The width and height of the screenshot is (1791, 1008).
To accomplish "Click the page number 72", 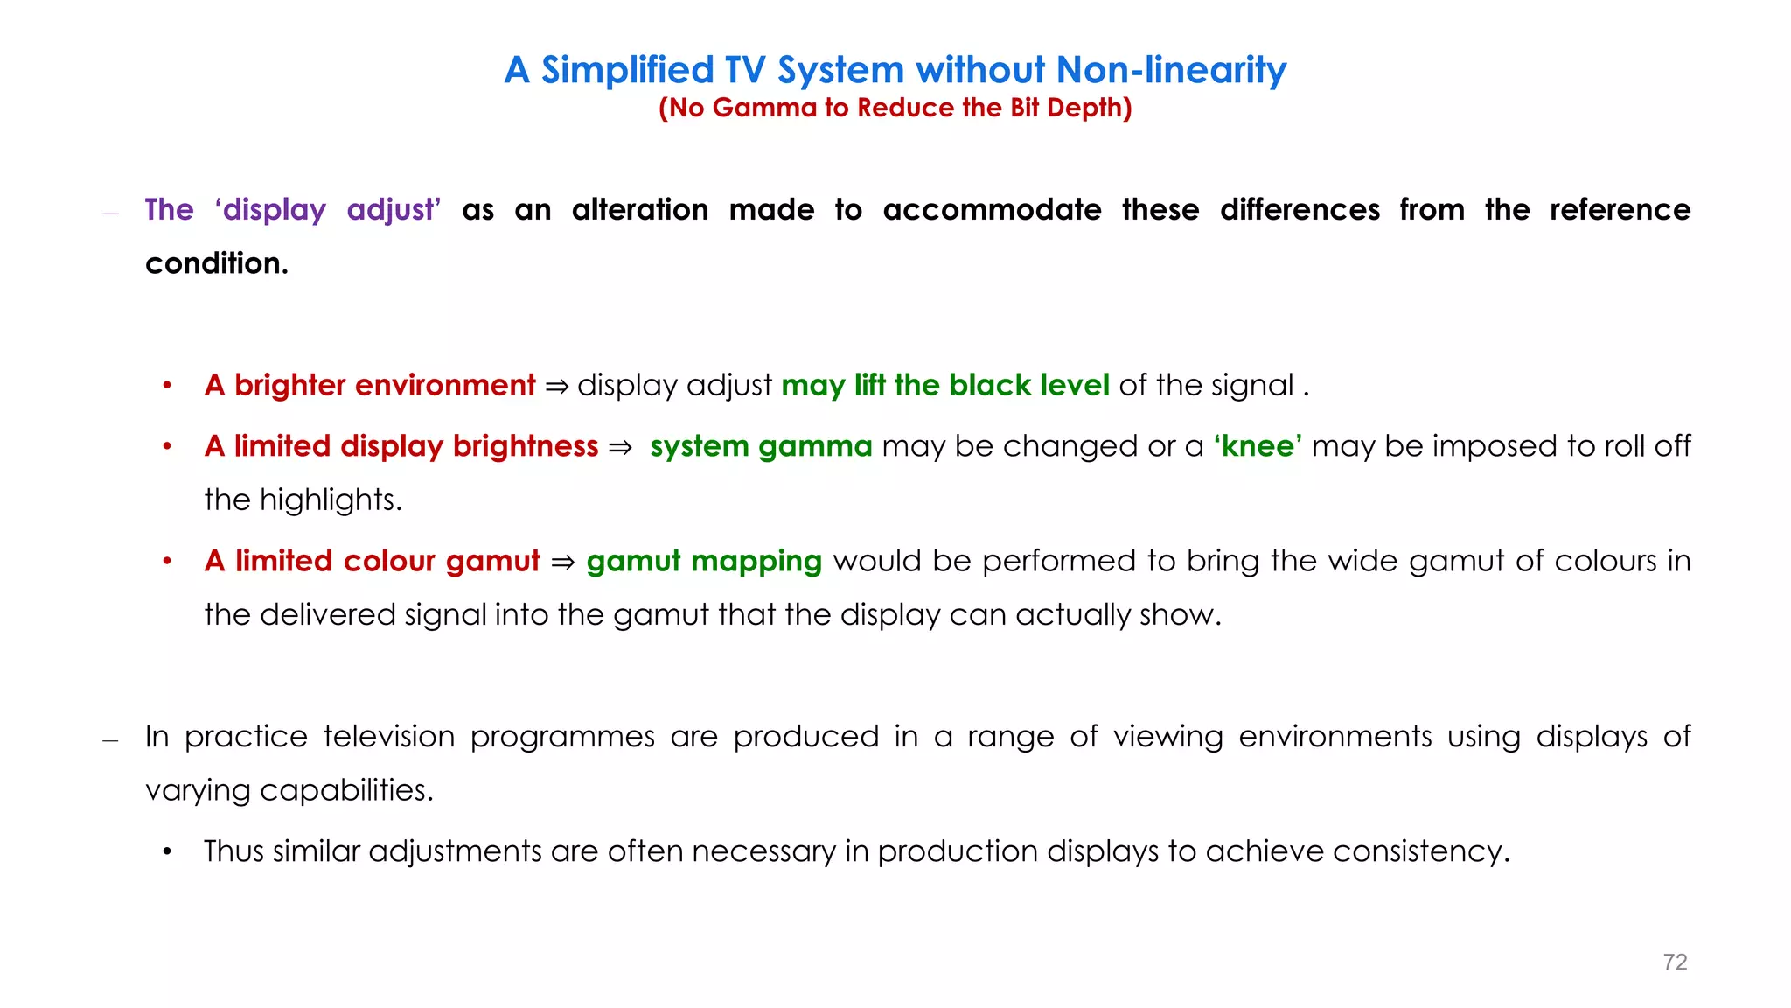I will [x=1675, y=962].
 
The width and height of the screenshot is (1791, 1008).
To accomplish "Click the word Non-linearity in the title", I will [x=1171, y=70].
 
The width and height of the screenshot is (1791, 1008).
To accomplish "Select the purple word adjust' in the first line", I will [x=394, y=210].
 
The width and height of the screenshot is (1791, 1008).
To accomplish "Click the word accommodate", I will [x=992, y=210].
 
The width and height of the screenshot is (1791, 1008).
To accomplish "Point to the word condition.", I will [x=216, y=263].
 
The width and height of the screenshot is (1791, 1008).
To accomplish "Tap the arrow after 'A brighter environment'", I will [x=556, y=386].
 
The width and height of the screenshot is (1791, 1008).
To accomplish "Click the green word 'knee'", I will [x=1258, y=446].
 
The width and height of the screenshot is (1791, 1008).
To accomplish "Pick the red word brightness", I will [x=525, y=446].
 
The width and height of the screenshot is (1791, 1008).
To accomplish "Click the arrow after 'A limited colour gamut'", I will [x=563, y=562].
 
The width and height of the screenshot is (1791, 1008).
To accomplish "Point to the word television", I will [x=389, y=737].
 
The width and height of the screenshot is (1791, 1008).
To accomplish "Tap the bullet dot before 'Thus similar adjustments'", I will [x=167, y=851].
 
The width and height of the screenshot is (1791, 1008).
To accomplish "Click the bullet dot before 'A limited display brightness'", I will [x=167, y=447].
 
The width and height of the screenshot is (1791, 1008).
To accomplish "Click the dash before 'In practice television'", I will [x=110, y=740].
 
